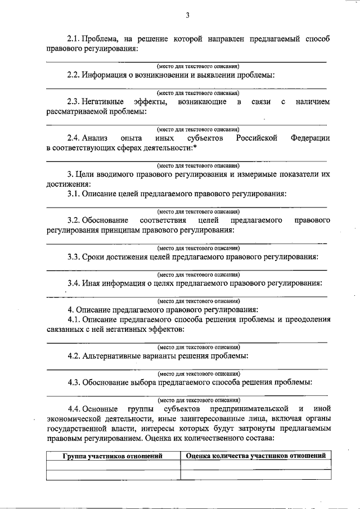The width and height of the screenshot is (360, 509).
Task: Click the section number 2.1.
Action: (73, 39)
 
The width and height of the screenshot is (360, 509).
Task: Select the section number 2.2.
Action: (73, 75)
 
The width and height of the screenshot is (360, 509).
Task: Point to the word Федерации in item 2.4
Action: (310, 138)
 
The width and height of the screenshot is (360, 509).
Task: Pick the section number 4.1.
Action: (73, 319)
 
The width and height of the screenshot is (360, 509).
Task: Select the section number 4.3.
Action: (73, 382)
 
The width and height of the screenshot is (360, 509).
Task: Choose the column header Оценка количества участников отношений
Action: (255, 456)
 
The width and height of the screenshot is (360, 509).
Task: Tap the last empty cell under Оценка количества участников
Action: (255, 475)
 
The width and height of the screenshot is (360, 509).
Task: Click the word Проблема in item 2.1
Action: (100, 39)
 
